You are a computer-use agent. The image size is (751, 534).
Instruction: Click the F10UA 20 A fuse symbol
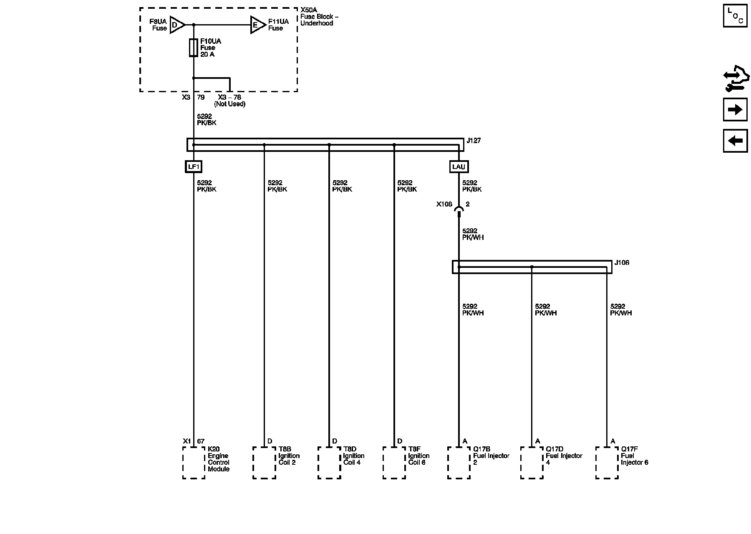tap(193, 48)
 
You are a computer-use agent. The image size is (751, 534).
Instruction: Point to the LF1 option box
tap(194, 167)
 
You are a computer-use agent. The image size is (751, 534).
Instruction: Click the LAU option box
tap(459, 167)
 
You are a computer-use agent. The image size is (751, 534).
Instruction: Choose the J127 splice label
tap(474, 141)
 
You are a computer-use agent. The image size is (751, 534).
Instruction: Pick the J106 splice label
tap(622, 263)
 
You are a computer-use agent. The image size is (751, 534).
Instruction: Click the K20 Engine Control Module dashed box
tap(194, 463)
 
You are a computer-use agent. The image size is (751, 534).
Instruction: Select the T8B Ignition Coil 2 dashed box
tap(264, 463)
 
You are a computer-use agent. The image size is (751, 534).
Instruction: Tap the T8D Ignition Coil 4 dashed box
tap(329, 463)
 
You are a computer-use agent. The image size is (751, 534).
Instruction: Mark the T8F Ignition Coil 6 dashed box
tap(394, 463)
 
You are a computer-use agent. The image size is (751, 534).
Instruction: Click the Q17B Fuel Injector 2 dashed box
tap(459, 463)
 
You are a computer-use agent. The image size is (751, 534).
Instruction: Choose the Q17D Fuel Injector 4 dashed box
tap(532, 463)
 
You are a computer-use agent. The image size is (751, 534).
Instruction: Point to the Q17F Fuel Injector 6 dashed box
tap(607, 463)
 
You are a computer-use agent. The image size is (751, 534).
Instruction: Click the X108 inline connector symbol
tap(459, 210)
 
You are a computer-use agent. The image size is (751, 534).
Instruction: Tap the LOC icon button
tap(735, 16)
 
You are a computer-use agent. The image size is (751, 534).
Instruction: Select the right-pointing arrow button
tap(735, 110)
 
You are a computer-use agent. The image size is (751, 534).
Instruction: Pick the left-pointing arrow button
tap(735, 141)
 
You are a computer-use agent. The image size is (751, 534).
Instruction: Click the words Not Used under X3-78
tap(230, 104)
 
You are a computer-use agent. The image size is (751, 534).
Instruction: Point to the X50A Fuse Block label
tap(319, 17)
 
